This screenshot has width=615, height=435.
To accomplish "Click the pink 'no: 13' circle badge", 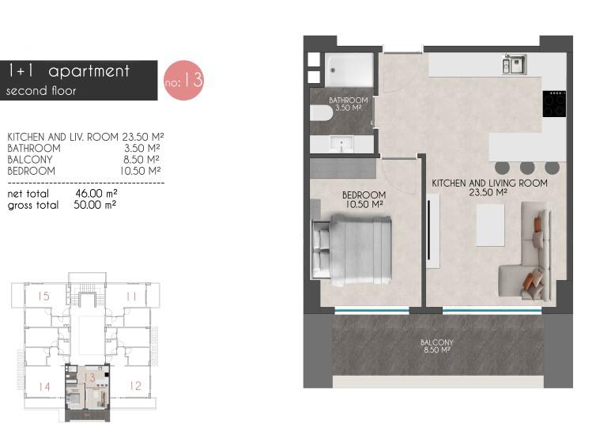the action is tap(183, 80).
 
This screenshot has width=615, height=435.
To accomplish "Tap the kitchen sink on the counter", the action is tap(514, 64).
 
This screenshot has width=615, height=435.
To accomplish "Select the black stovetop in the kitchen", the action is tap(554, 104).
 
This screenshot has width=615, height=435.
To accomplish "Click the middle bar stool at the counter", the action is tap(527, 168).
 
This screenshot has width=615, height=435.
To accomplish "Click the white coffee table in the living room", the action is tap(490, 225).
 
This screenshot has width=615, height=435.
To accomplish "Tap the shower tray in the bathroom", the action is tap(349, 70).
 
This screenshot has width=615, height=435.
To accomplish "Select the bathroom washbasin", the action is tap(341, 145).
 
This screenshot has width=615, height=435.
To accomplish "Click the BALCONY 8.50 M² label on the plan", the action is tap(436, 346).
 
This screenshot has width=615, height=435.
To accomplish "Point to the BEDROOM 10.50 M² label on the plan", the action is tap(364, 199).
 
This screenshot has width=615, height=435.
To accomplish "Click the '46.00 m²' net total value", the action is tap(96, 193).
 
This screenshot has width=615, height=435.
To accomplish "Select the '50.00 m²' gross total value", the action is tap(95, 205).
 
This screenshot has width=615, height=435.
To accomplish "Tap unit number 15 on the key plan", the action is tap(44, 296).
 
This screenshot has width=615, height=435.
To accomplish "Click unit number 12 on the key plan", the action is tap(135, 385).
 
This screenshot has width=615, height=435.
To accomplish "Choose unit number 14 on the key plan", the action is tap(44, 387).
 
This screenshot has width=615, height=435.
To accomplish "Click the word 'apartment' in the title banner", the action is tap(89, 71).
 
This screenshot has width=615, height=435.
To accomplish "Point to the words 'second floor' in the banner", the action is tap(41, 91).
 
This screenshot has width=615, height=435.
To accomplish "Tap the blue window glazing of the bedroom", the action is tap(372, 311).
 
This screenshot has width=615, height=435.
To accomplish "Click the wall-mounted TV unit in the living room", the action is tap(432, 230).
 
